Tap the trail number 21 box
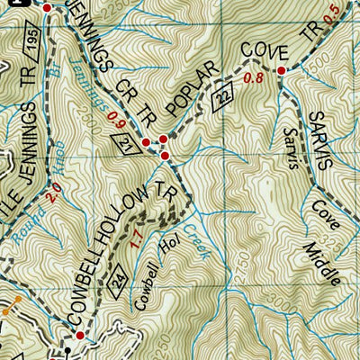point(127,142)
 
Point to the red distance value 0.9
point(114,116)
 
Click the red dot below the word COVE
point(281,70)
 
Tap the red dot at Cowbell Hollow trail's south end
point(79,335)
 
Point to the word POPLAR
point(195,100)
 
